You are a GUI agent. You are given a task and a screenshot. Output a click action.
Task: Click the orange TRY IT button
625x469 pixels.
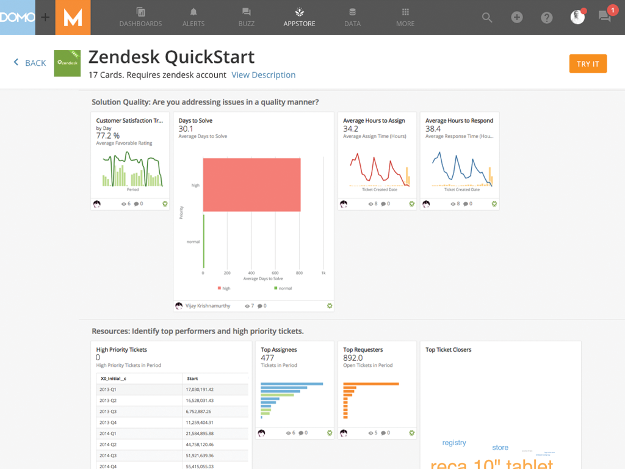click(588, 64)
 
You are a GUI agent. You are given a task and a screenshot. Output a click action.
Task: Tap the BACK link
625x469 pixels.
click(31, 63)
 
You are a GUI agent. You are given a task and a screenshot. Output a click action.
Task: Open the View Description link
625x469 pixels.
click(263, 75)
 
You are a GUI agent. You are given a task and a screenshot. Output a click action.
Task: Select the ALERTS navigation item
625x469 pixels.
click(193, 17)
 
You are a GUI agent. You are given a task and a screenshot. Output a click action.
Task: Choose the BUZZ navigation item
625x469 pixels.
click(247, 17)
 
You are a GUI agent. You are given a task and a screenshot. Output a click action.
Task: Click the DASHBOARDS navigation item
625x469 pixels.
click(140, 17)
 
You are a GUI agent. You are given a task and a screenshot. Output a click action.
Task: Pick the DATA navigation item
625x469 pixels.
click(352, 17)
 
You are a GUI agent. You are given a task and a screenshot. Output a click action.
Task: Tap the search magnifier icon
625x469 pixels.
click(487, 18)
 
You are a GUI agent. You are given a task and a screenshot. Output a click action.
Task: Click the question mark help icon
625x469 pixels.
click(547, 18)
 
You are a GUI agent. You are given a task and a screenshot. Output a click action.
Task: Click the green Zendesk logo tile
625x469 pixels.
click(67, 64)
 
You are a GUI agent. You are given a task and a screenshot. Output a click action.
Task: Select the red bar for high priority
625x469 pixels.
click(251, 185)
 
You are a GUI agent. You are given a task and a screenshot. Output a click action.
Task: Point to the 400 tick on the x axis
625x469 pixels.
click(251, 273)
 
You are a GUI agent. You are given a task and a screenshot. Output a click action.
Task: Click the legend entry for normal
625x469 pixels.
click(284, 288)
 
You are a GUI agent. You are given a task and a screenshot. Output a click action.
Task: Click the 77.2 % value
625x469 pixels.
click(108, 136)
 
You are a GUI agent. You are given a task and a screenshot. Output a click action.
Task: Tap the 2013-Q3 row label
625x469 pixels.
click(109, 411)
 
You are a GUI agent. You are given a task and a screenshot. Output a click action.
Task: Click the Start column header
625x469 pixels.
click(192, 379)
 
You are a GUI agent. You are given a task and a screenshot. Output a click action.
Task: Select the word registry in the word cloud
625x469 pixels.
click(454, 443)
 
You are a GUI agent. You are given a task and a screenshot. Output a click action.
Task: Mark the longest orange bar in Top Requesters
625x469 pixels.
click(371, 384)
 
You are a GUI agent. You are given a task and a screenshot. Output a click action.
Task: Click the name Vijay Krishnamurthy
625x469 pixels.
click(209, 306)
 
